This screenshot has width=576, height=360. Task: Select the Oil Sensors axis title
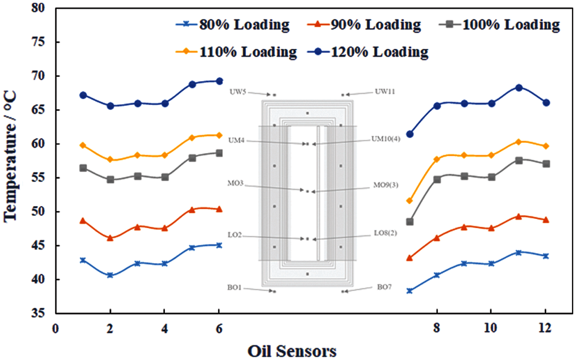(292, 351)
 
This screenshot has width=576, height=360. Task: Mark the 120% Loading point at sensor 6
(219, 81)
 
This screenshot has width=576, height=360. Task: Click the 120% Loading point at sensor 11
(519, 88)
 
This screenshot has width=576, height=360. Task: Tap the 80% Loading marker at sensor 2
(110, 275)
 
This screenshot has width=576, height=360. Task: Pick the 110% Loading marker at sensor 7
(410, 201)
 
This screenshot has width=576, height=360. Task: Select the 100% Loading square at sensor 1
(83, 168)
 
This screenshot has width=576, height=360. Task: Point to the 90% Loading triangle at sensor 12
(546, 220)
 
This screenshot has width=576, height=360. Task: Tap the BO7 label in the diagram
(384, 287)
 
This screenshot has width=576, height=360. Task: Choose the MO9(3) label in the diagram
(386, 186)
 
